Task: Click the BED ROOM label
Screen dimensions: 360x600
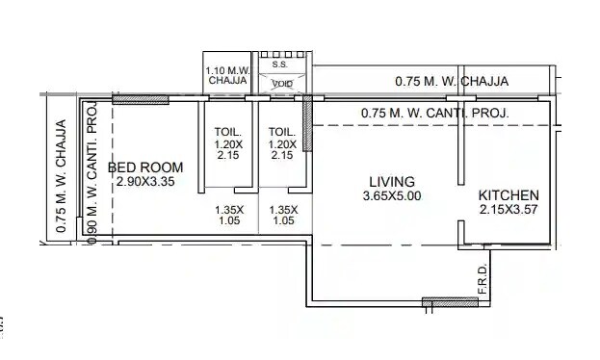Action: click(144, 167)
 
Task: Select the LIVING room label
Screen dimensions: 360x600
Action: click(392, 181)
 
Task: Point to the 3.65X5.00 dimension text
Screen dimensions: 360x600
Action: click(390, 196)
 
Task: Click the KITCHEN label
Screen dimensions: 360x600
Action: click(509, 195)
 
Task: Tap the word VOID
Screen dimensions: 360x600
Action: click(282, 84)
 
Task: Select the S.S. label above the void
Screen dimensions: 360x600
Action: click(280, 65)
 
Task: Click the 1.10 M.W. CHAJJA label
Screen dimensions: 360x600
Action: click(227, 76)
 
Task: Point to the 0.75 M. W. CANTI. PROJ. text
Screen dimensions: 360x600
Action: click(435, 114)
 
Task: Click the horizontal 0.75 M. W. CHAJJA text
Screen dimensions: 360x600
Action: click(452, 82)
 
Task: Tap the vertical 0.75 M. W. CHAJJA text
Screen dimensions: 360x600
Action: click(61, 177)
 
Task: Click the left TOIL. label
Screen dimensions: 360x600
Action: click(227, 132)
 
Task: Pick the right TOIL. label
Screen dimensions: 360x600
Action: click(282, 132)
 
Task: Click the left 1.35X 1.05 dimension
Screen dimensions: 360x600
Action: click(229, 215)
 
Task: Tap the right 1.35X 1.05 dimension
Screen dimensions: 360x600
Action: click(283, 215)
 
